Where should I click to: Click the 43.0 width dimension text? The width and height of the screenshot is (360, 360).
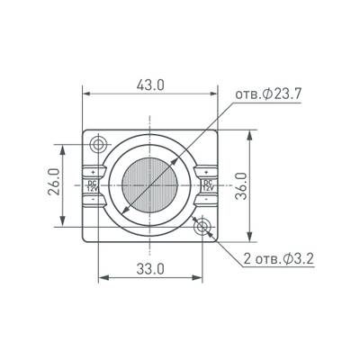(x=150, y=85)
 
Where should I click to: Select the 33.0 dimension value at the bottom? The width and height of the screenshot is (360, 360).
(x=150, y=268)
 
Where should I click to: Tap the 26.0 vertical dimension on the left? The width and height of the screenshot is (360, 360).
(x=53, y=184)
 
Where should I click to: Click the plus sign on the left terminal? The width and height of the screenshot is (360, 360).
(x=93, y=171)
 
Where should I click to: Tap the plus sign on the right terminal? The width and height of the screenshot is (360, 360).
(x=208, y=171)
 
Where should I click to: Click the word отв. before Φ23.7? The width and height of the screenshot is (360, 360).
(x=249, y=95)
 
